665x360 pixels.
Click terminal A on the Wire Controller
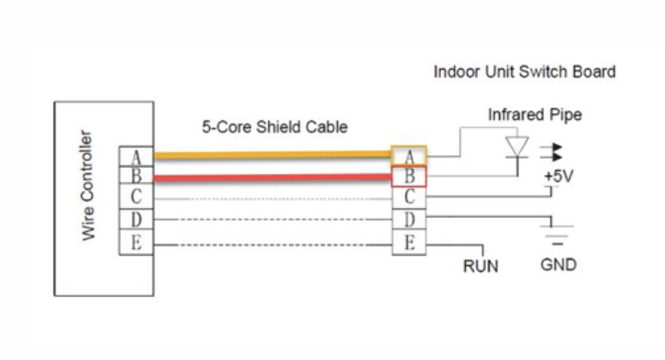(x=137, y=157)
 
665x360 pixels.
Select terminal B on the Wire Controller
(x=137, y=176)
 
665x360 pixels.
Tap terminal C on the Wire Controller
(x=137, y=197)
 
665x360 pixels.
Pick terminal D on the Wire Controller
(x=137, y=219)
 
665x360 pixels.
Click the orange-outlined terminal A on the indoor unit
(x=409, y=156)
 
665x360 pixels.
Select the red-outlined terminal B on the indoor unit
(x=409, y=176)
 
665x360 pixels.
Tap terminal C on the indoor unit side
(x=409, y=198)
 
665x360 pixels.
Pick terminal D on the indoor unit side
(x=409, y=219)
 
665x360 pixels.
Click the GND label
(x=558, y=265)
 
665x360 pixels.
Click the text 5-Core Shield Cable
(x=274, y=127)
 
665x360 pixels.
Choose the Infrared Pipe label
(x=534, y=115)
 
